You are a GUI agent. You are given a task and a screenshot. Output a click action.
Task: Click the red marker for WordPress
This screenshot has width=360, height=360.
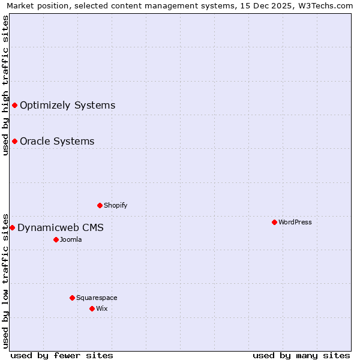[x=274, y=222]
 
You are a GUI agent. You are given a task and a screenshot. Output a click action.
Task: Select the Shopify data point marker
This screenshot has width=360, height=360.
[x=100, y=205]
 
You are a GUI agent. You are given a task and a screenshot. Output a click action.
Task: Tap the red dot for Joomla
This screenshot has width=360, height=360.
[x=56, y=239]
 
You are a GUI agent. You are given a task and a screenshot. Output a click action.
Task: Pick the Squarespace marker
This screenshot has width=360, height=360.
[x=72, y=298]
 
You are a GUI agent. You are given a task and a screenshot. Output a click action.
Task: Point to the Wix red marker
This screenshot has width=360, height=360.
[x=92, y=308]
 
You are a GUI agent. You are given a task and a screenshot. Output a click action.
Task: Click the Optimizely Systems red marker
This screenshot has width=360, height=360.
[x=14, y=106]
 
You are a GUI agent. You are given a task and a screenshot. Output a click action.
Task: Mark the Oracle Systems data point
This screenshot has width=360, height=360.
[x=14, y=142]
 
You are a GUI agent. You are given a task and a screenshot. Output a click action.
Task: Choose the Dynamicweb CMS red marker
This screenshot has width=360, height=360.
[x=12, y=227]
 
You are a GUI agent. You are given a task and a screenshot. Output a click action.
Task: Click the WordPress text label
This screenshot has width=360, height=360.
[x=295, y=222]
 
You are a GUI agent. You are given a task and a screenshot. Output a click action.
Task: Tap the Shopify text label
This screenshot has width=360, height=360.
[x=116, y=205]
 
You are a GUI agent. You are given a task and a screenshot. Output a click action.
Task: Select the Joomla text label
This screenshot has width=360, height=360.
[x=71, y=239]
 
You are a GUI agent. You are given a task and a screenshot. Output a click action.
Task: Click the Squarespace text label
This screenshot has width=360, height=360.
[x=97, y=298]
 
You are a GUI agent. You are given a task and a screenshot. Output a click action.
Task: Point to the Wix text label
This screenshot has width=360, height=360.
[x=101, y=308]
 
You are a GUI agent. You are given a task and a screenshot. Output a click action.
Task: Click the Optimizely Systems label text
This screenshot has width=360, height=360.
[x=67, y=106]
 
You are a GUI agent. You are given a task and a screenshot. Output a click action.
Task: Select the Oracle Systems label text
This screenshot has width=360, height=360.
[x=57, y=142]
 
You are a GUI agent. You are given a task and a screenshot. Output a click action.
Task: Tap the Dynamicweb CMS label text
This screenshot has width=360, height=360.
[x=61, y=227]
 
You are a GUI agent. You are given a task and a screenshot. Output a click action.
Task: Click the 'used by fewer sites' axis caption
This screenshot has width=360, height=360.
[x=62, y=355]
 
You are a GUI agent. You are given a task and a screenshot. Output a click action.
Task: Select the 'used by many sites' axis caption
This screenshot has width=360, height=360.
[x=301, y=355]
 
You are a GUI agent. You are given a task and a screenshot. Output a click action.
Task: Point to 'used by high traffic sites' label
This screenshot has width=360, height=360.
[x=5, y=85]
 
